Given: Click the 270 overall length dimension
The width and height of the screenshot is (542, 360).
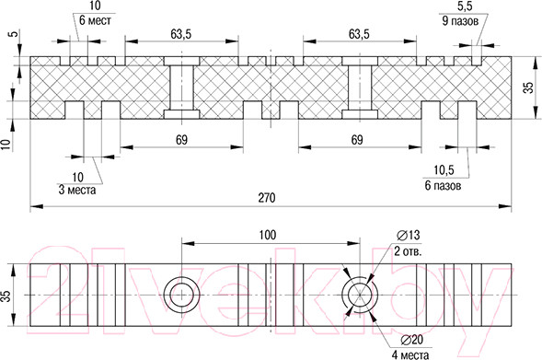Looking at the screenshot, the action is (x=267, y=198).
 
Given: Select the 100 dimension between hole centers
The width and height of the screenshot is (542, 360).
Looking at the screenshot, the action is (x=268, y=235).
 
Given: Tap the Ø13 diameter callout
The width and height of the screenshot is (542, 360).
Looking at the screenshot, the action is (x=409, y=235).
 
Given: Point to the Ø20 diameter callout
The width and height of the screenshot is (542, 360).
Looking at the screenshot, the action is (x=411, y=340).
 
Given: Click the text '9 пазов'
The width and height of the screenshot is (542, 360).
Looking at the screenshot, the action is (x=460, y=21).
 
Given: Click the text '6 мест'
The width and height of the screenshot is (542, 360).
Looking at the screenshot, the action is (x=95, y=20).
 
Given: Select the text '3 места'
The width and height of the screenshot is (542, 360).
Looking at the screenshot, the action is (x=77, y=190).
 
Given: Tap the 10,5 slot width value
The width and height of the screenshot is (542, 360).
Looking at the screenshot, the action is (x=444, y=170).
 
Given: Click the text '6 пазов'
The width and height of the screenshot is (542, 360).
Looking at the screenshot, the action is (x=443, y=186).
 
